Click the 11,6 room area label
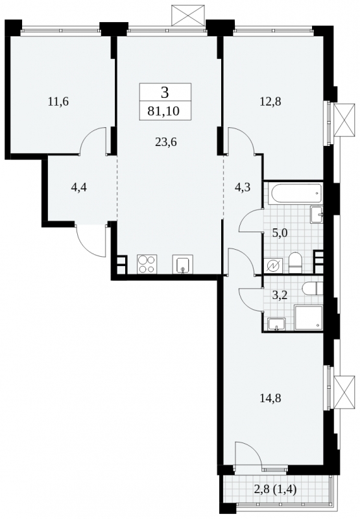(58, 101)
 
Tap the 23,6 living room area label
(166, 142)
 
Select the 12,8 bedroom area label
(270, 101)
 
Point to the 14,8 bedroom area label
(270, 398)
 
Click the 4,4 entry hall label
(79, 188)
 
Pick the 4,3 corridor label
(242, 187)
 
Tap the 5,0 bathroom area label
(280, 233)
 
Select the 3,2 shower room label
(280, 295)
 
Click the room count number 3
(165, 93)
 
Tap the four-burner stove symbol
(147, 264)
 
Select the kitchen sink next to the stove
(182, 265)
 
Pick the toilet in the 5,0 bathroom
(294, 263)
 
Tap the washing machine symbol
(275, 266)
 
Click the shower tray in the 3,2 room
(308, 318)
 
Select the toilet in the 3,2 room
(312, 288)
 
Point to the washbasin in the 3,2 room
(277, 324)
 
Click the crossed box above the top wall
(188, 15)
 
